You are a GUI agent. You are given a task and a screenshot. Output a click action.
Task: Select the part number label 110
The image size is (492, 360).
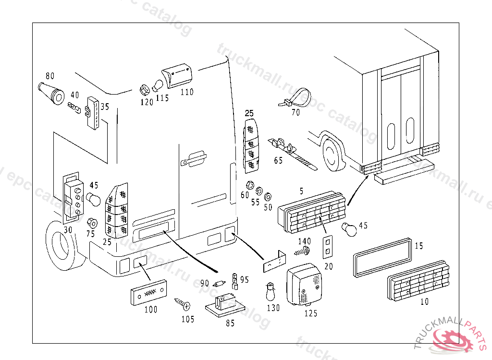click(186, 92)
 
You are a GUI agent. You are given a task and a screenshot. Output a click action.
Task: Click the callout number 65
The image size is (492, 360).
click(278, 161)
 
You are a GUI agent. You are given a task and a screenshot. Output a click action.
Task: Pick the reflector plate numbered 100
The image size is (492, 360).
click(148, 292)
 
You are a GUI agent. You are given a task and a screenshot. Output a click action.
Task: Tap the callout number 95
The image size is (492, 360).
click(245, 279)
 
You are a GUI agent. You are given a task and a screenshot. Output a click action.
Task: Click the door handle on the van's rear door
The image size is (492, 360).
click(193, 158)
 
